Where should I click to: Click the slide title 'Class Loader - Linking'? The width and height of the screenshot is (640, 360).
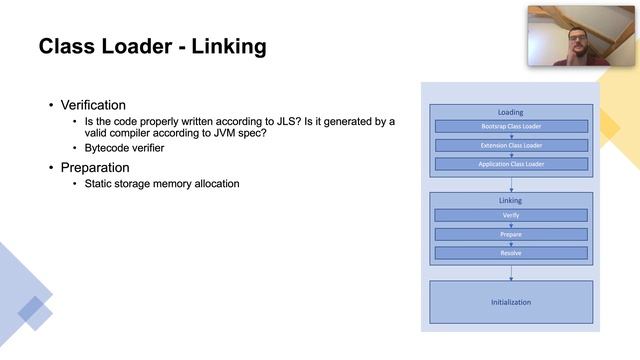(x=152, y=47)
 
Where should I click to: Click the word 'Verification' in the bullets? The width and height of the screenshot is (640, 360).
(x=93, y=104)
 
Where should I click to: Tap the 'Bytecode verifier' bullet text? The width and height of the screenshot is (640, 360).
(x=124, y=148)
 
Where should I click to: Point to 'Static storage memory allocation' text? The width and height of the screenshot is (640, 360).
(x=161, y=184)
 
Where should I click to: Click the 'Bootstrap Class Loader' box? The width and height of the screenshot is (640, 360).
(x=510, y=127)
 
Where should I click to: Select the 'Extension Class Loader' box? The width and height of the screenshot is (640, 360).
(x=510, y=145)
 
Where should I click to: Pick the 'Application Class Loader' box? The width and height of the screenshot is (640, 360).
(x=510, y=163)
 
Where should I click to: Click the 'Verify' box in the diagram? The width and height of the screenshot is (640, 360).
(x=510, y=215)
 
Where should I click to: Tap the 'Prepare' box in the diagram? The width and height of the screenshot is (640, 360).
(x=510, y=234)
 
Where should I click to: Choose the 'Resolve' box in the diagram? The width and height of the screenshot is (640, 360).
(x=510, y=253)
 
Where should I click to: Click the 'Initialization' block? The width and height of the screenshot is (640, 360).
(x=510, y=302)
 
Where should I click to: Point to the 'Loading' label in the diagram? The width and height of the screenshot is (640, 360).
(x=510, y=112)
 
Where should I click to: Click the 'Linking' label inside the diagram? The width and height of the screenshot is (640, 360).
(x=510, y=200)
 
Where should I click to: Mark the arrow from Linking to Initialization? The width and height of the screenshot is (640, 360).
(x=511, y=272)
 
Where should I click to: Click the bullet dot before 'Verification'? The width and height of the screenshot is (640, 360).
(x=52, y=105)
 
